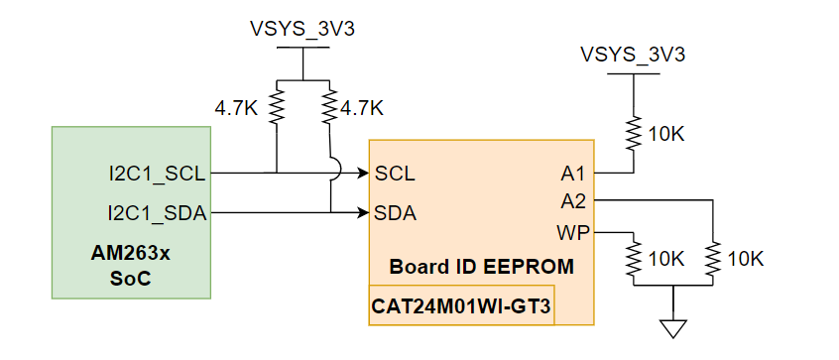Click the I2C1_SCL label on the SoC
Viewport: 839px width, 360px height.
157,174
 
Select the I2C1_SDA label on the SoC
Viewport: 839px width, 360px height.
157,212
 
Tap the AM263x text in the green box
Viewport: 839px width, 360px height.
130,253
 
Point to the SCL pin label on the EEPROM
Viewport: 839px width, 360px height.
395,174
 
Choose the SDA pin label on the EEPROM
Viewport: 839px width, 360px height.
395,212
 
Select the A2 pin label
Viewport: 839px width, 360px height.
573,201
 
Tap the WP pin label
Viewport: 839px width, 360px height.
571,233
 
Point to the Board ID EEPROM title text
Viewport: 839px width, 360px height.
481,267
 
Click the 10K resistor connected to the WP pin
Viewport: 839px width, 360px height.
632,259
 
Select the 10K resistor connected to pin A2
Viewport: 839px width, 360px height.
712,259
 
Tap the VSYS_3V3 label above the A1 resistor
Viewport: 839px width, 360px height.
632,53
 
